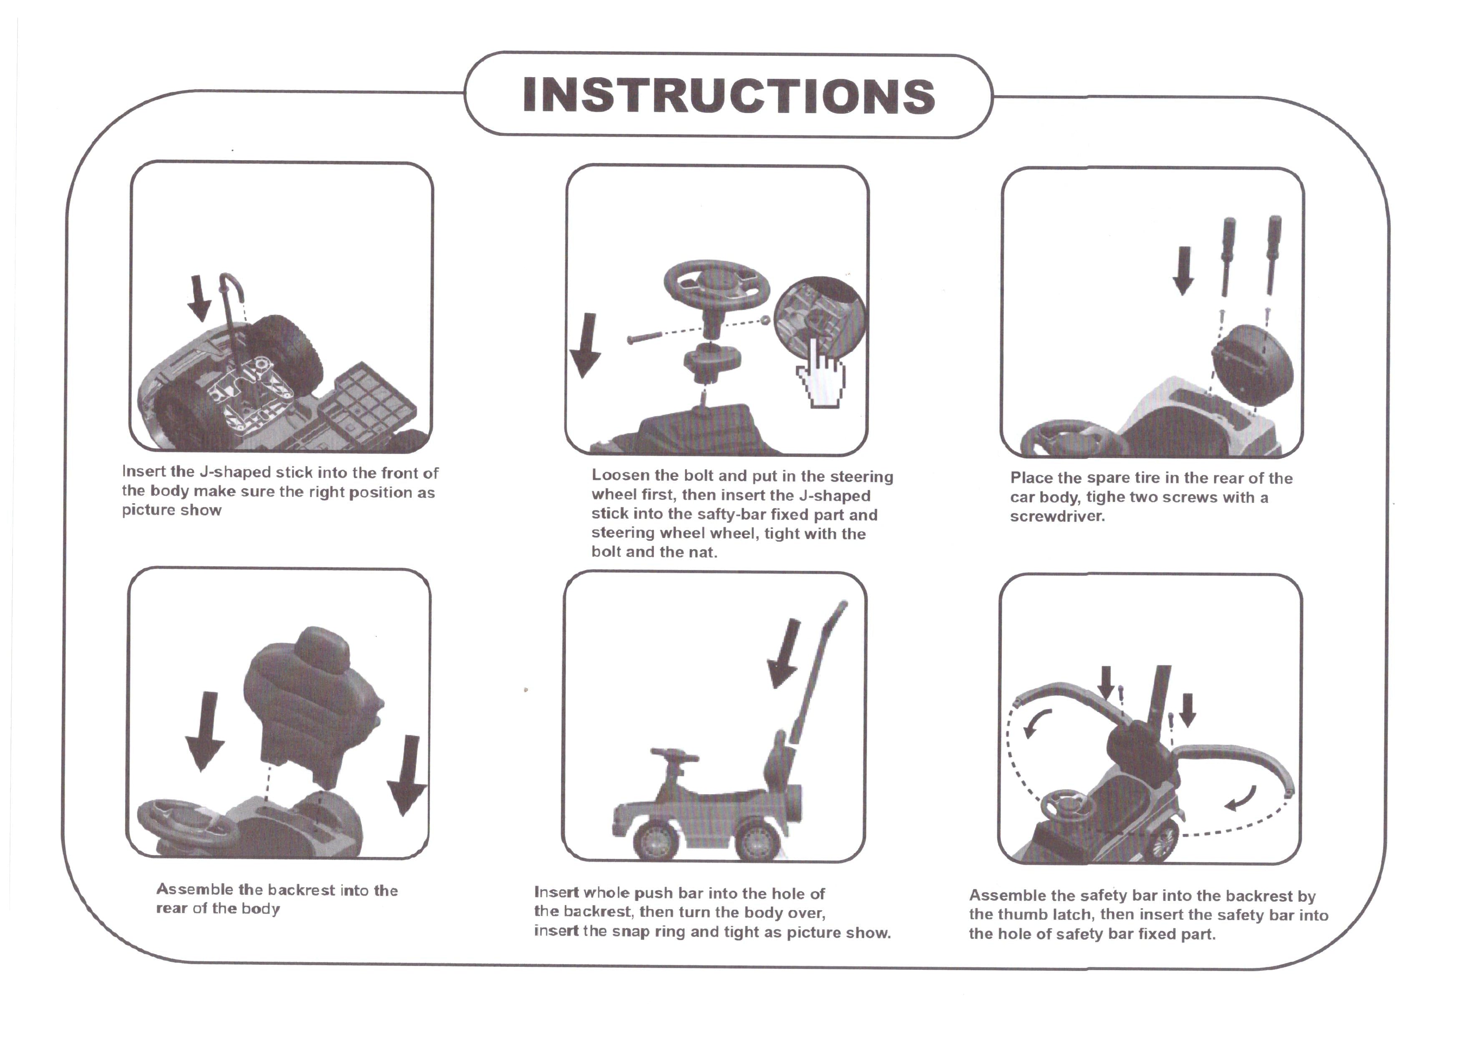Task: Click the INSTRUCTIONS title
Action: (x=729, y=95)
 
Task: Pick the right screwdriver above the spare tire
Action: (x=1273, y=253)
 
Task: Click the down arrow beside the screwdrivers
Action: (x=1183, y=270)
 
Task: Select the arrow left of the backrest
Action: (x=205, y=731)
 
